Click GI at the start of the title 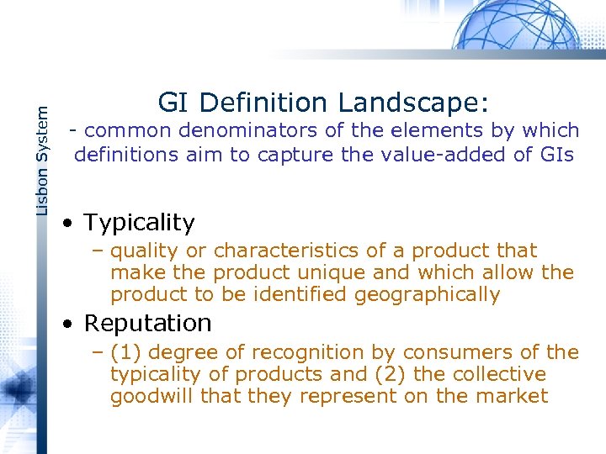click(x=172, y=103)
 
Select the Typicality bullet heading click(x=139, y=223)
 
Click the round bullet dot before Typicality click(x=72, y=224)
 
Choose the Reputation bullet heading click(x=147, y=323)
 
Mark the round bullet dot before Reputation click(x=72, y=324)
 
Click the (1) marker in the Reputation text click(x=124, y=352)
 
